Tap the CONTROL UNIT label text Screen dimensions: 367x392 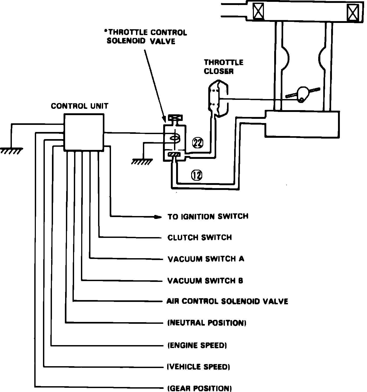(x=80, y=106)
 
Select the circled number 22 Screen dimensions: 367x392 (x=198, y=143)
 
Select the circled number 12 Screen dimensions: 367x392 (x=197, y=175)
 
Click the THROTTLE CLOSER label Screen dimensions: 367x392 (x=224, y=67)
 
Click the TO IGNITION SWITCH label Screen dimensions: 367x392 (x=208, y=217)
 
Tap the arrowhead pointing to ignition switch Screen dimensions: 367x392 (x=158, y=217)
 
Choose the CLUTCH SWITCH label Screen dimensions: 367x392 (x=200, y=237)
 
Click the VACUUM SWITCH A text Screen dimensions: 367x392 (x=206, y=259)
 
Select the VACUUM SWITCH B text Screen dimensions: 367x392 (x=205, y=281)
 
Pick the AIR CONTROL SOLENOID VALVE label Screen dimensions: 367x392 (x=227, y=301)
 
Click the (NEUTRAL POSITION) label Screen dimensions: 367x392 (x=207, y=323)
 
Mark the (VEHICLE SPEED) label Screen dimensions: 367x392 (x=199, y=367)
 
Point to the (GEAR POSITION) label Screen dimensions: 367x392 (x=199, y=388)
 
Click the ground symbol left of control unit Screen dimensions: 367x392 (x=11, y=151)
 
